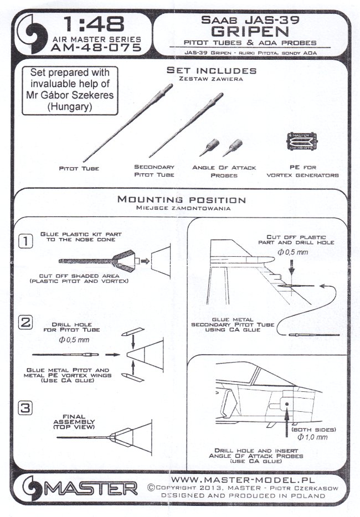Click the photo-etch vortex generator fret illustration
point(303,141)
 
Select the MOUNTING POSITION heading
point(181,200)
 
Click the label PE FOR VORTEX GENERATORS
point(303,171)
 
